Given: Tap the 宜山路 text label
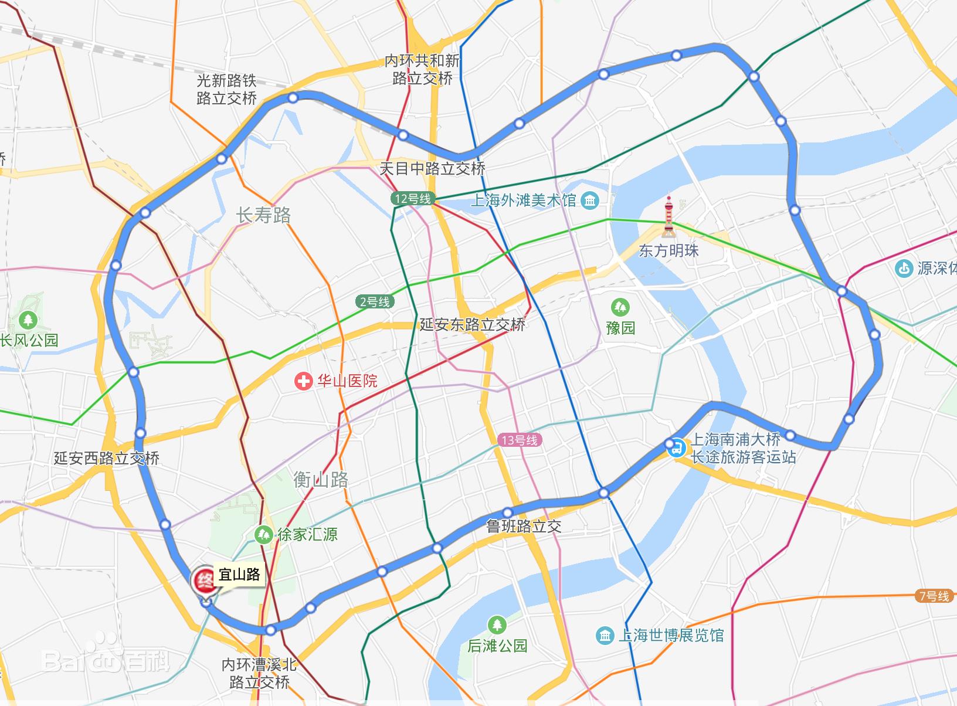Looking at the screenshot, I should pyautogui.click(x=239, y=575).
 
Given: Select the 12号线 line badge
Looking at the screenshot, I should pyautogui.click(x=413, y=199).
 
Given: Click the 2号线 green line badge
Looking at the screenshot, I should pyautogui.click(x=375, y=302).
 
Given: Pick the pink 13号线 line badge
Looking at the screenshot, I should pyautogui.click(x=520, y=440).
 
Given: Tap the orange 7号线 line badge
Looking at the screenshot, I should pyautogui.click(x=934, y=596).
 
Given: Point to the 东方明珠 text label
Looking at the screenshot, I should pyautogui.click(x=668, y=251).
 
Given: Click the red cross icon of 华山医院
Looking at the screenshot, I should pyautogui.click(x=303, y=382).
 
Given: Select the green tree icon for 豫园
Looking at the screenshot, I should pyautogui.click(x=620, y=307).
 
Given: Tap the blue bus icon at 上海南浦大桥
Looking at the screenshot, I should pyautogui.click(x=676, y=448).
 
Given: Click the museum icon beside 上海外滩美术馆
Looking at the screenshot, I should pyautogui.click(x=589, y=201).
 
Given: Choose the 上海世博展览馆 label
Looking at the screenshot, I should pyautogui.click(x=671, y=635).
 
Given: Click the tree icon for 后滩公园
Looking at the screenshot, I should pyautogui.click(x=497, y=624).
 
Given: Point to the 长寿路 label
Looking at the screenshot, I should pyautogui.click(x=263, y=215).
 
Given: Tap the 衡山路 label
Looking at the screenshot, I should pyautogui.click(x=321, y=480).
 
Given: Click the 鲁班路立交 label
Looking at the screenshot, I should pyautogui.click(x=524, y=526).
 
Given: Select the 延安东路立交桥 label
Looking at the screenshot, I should pyautogui.click(x=472, y=324).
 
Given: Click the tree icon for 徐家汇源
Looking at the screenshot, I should pyautogui.click(x=263, y=534).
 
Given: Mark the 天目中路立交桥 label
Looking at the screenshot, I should pyautogui.click(x=432, y=169).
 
